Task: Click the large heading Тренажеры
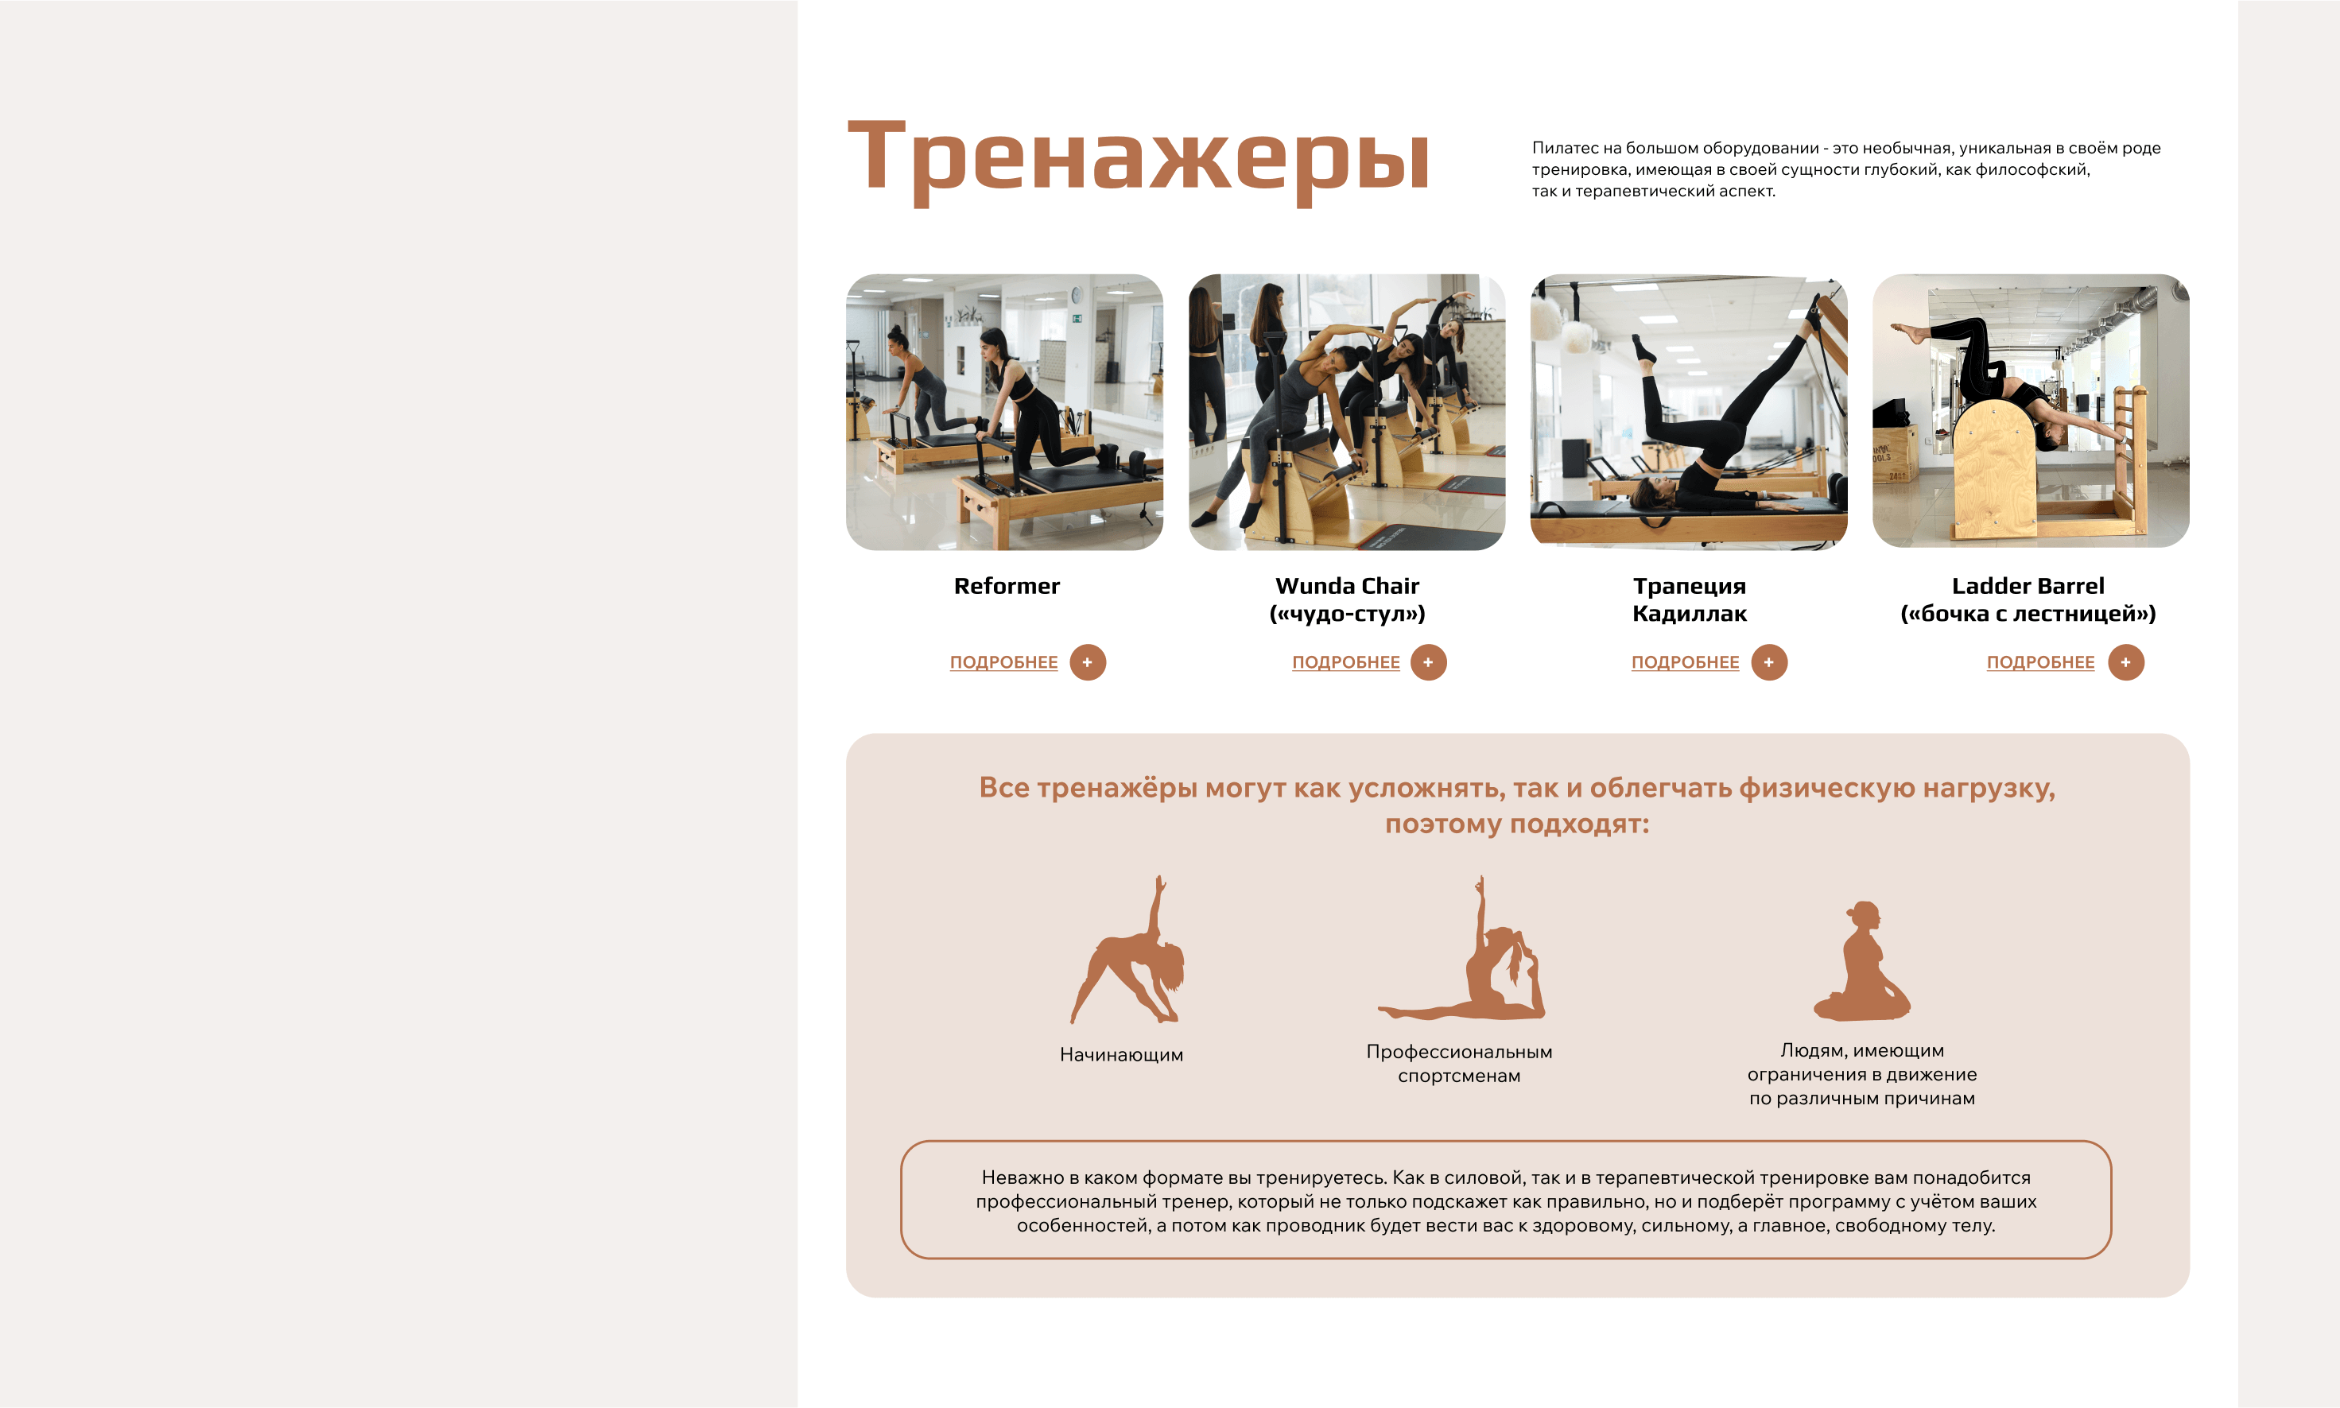1138,157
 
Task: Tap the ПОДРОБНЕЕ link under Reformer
1004,662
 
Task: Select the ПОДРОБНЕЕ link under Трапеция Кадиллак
1686,662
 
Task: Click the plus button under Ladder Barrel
2125,662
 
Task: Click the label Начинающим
1122,1055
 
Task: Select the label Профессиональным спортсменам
1459,1064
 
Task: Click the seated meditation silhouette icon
1862,961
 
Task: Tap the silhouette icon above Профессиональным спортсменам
1462,948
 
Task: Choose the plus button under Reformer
1088,662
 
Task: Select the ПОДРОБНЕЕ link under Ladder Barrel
2040,662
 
